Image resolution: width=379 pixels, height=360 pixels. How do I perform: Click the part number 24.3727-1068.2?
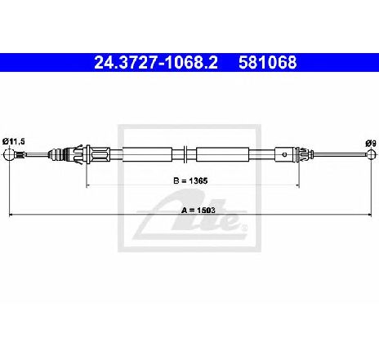point(156,63)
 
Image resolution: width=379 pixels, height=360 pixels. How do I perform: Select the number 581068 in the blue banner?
point(268,63)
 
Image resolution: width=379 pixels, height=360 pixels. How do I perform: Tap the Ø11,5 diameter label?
point(14,141)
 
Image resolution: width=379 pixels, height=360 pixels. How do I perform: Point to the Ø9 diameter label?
point(371,143)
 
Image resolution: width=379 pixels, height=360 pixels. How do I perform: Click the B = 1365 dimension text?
point(190,180)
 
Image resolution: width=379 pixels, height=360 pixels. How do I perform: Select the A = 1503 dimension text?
point(198,210)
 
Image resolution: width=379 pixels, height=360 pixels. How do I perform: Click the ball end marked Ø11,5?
point(9,154)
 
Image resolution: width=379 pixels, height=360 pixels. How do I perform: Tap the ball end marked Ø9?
point(372,154)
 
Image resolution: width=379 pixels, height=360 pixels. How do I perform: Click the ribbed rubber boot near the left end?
point(56,154)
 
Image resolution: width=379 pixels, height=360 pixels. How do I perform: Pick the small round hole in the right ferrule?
point(284,154)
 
